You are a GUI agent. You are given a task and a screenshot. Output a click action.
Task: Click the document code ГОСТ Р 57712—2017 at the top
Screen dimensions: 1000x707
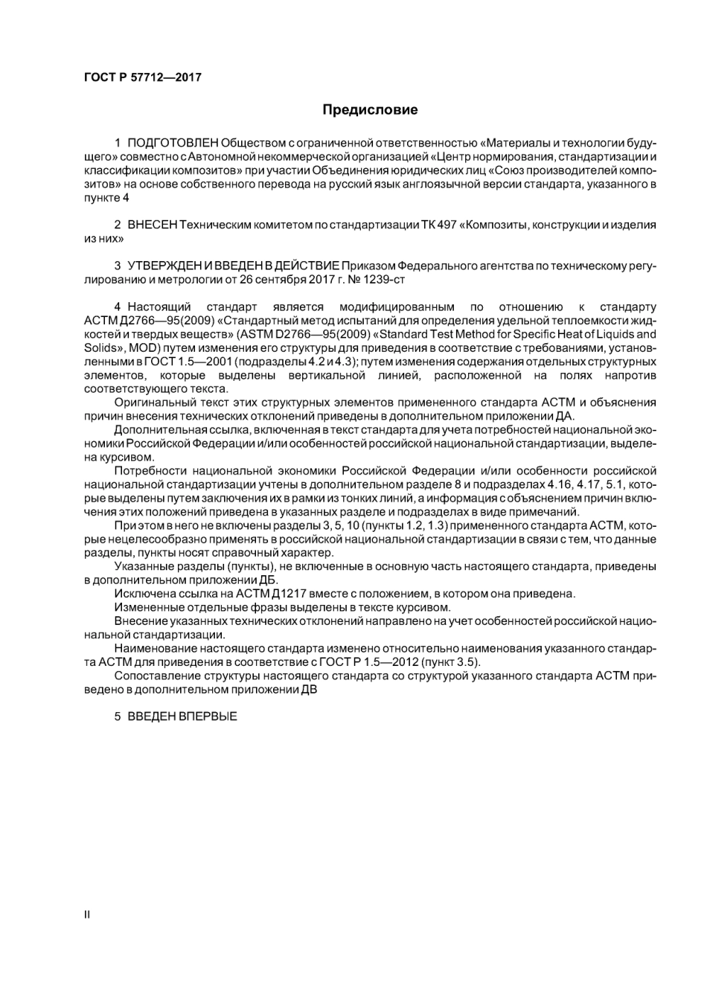pos(143,77)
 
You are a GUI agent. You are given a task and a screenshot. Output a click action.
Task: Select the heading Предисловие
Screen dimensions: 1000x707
pos(370,110)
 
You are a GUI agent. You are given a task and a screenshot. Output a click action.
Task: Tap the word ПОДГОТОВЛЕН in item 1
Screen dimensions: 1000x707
pos(173,143)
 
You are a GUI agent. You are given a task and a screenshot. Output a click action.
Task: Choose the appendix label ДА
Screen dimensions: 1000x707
pos(565,416)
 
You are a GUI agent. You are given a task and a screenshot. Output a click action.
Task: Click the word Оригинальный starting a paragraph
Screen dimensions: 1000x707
pos(152,403)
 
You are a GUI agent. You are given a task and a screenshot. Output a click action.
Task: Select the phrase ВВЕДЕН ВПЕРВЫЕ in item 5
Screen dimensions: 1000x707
pos(182,717)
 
